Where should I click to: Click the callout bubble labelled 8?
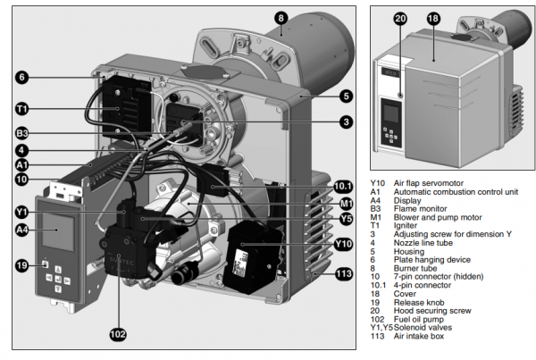(x=281, y=17)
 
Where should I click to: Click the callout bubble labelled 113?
(x=345, y=273)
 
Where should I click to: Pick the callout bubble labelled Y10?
(x=345, y=243)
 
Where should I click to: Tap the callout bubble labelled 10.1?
(x=345, y=186)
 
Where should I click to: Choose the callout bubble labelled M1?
(x=345, y=203)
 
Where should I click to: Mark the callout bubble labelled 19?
(x=21, y=264)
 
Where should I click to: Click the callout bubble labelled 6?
(x=21, y=78)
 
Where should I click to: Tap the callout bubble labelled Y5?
(x=345, y=218)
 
